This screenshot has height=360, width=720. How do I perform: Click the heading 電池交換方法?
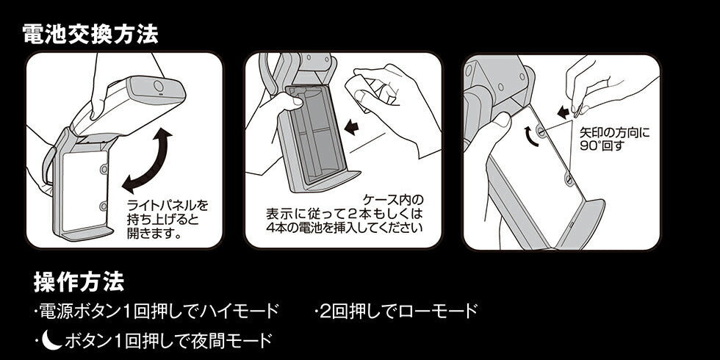[90, 34]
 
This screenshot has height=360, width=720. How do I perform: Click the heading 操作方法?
[79, 281]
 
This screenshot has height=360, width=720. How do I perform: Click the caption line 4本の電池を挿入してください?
[345, 228]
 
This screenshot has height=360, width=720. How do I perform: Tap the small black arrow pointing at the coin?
[563, 112]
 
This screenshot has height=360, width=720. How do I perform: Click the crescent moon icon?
[51, 339]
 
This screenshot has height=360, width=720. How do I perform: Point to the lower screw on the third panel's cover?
[568, 178]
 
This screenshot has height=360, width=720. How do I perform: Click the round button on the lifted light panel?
[159, 87]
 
